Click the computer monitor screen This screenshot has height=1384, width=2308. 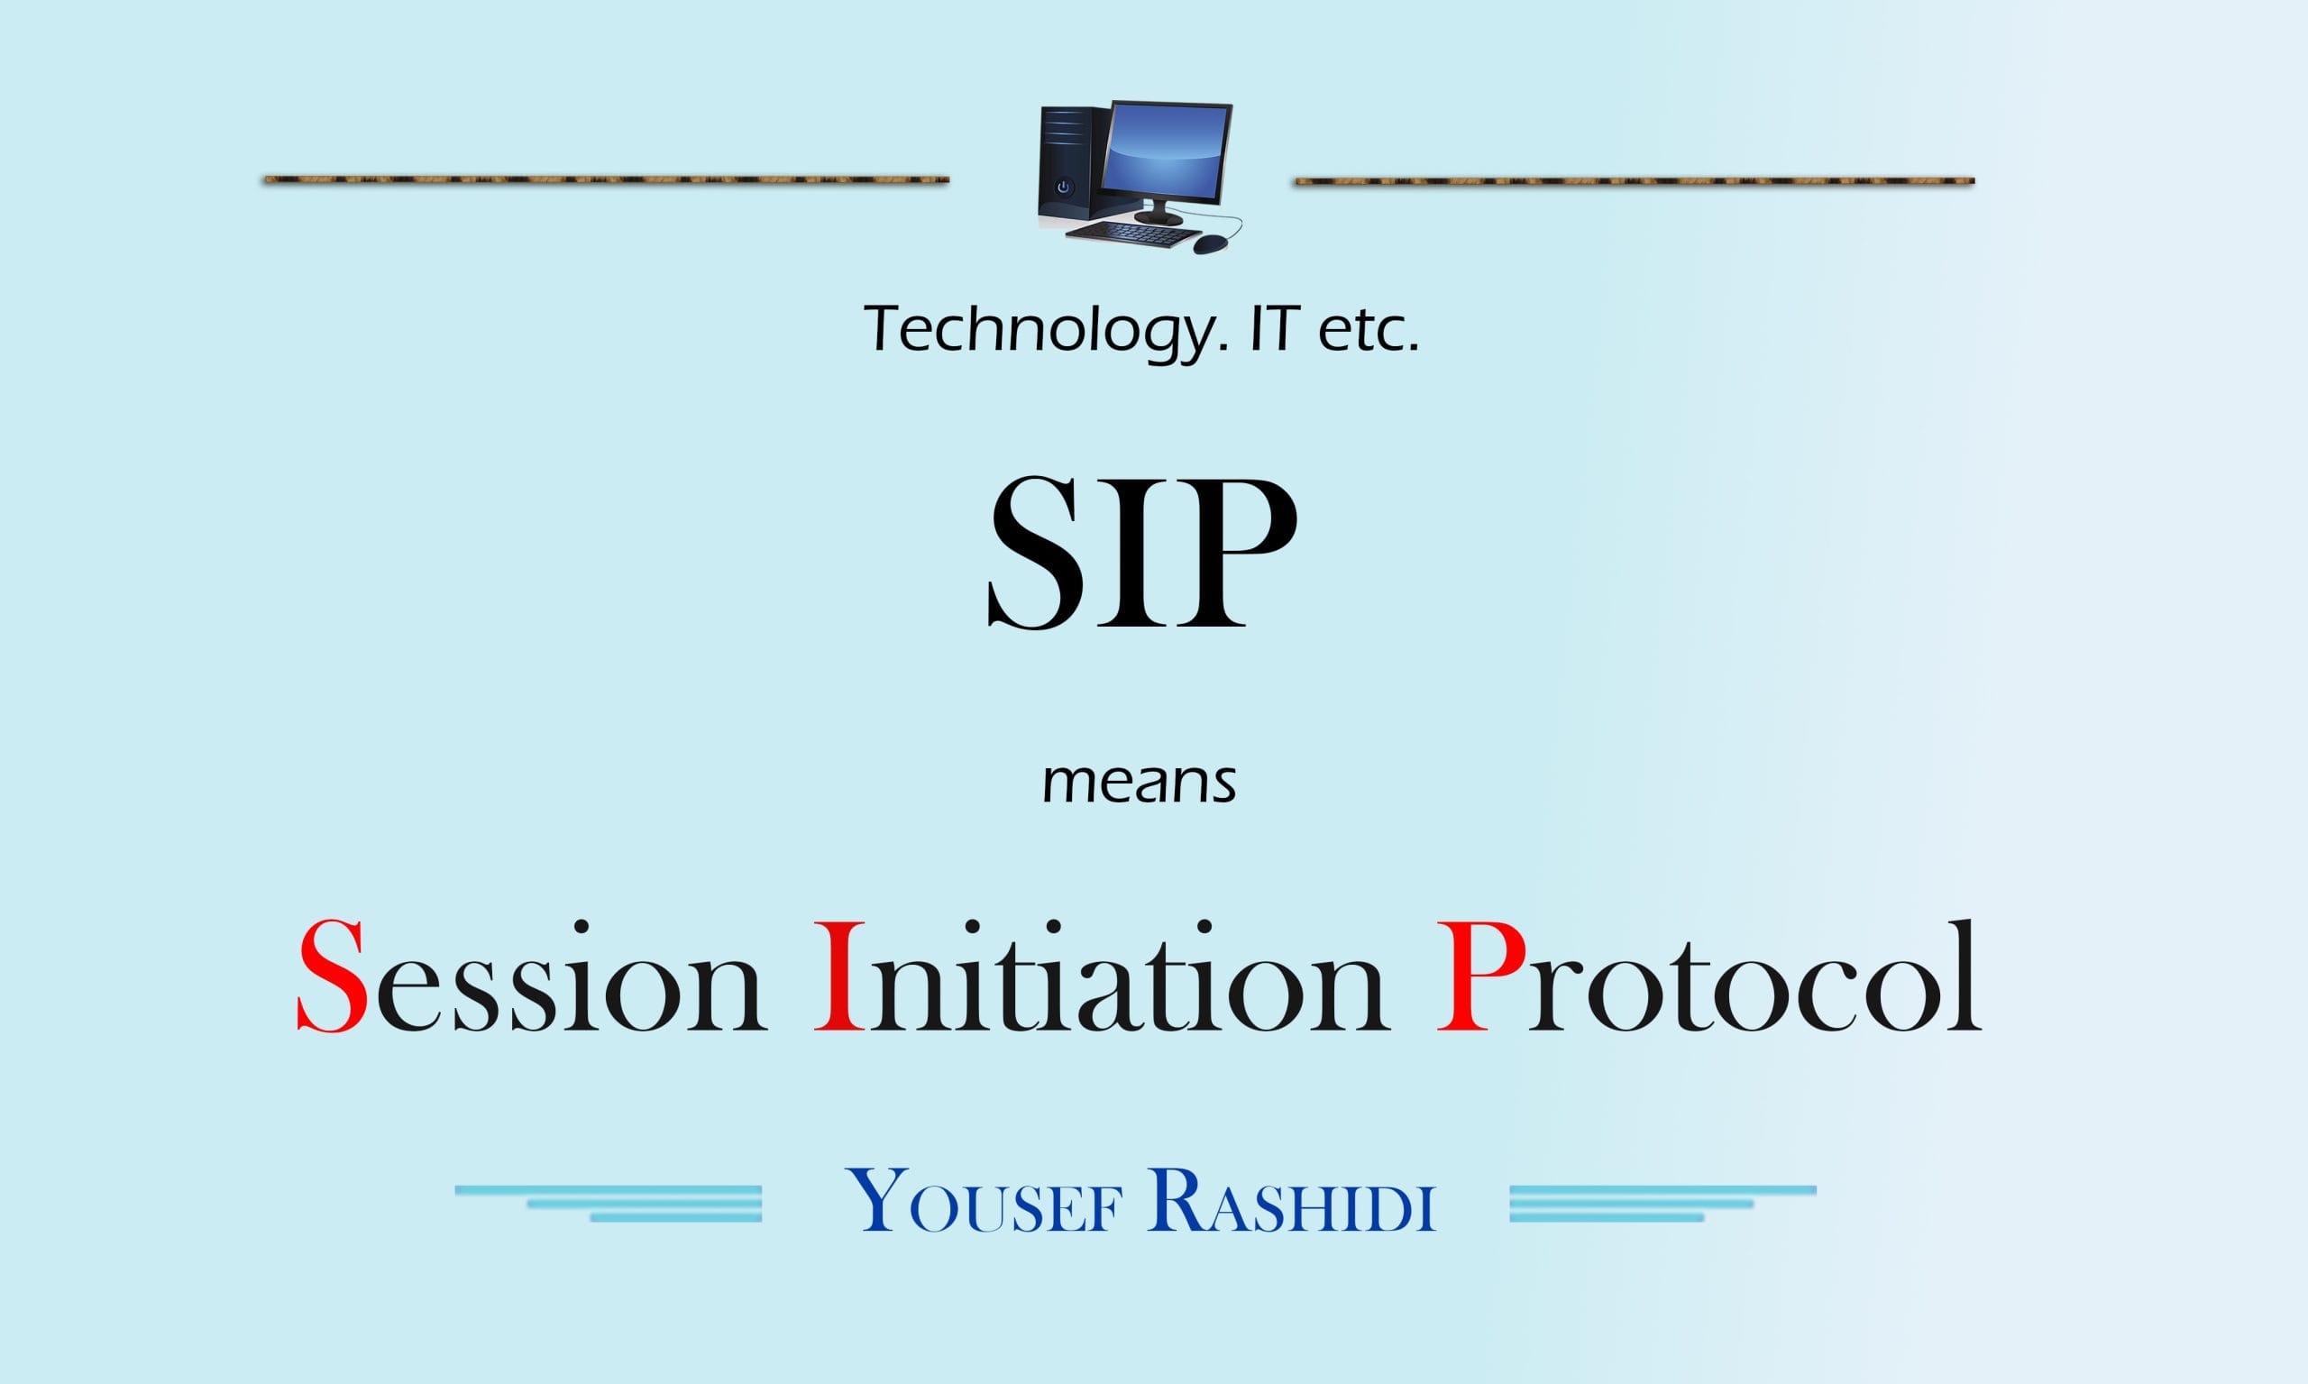[1167, 155]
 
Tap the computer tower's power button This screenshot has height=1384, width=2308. [1063, 188]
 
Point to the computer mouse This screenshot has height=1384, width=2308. [1211, 244]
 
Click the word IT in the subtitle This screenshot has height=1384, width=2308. [1274, 328]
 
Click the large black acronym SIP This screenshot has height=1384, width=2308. [1142, 552]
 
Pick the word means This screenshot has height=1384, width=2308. [1139, 782]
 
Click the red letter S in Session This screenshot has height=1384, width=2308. [332, 976]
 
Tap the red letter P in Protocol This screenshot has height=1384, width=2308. [1481, 976]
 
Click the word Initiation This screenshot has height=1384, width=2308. [1103, 976]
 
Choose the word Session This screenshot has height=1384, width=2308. [532, 976]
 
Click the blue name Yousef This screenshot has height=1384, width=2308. [985, 1200]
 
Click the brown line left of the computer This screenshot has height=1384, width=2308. [606, 179]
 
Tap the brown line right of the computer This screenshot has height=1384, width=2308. [1634, 180]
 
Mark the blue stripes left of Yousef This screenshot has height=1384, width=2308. [609, 1203]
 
